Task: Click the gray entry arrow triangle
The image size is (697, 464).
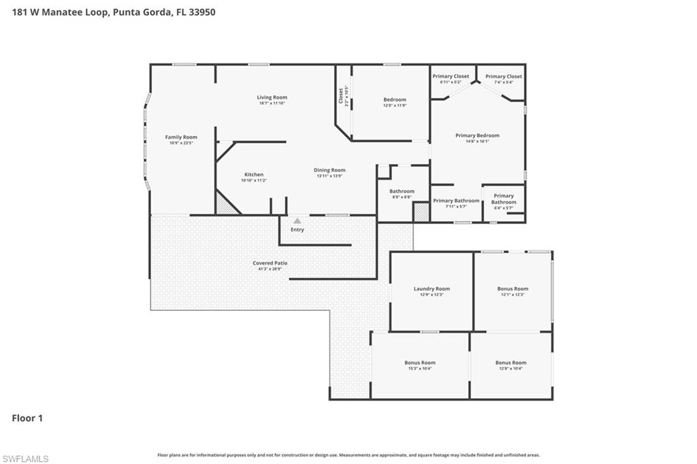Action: (297, 221)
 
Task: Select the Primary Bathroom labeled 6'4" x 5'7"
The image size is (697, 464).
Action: (504, 199)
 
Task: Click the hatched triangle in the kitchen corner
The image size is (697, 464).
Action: (224, 206)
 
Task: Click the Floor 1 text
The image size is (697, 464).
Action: (27, 418)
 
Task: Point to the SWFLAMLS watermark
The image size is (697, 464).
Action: (25, 459)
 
